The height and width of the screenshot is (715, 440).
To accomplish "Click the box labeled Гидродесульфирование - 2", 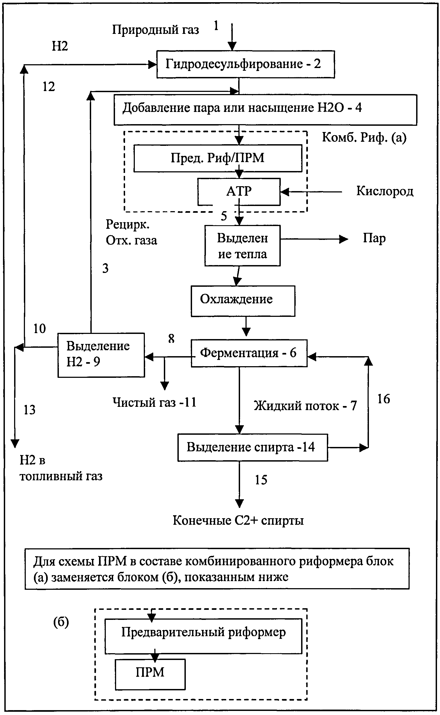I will click(x=245, y=64).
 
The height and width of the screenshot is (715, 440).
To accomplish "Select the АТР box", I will click(x=239, y=191).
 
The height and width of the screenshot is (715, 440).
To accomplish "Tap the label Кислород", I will click(x=384, y=191).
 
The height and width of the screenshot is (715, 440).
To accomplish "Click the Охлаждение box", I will click(x=243, y=301).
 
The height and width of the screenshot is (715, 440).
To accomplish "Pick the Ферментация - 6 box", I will click(x=249, y=353).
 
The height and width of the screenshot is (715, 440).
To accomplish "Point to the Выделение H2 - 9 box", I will click(x=101, y=355).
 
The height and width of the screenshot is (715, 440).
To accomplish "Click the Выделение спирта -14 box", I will click(x=252, y=447).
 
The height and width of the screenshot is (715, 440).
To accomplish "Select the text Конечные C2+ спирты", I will click(x=238, y=520).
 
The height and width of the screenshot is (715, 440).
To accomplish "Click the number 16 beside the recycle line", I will click(x=383, y=399).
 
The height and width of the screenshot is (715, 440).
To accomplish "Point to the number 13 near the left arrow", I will click(x=29, y=410).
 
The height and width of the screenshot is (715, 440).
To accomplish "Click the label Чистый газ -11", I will click(x=154, y=402).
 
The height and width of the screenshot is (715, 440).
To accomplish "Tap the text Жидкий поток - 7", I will click(x=305, y=406).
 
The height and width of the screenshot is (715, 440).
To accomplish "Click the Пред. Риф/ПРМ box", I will click(x=217, y=158).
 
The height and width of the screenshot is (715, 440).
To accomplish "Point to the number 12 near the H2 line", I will click(x=49, y=87).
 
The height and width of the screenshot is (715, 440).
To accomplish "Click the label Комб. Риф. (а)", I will click(x=364, y=137).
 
